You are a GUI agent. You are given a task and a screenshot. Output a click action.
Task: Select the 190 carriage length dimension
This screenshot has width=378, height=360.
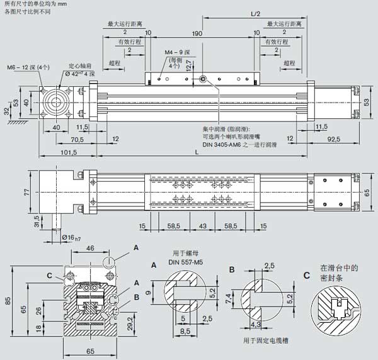coord(197,33)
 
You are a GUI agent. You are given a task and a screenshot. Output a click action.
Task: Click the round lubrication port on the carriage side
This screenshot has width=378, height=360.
coord(202,78)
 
